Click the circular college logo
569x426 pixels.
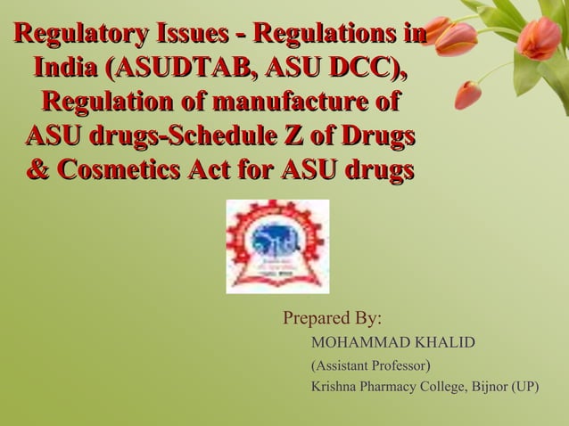coord(277,246)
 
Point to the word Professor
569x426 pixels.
coord(400,365)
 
